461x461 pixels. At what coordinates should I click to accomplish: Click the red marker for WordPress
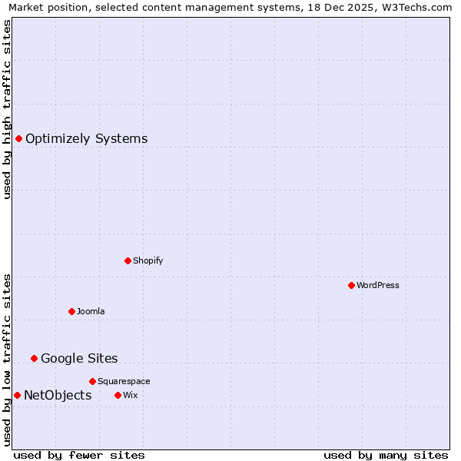pos(351,285)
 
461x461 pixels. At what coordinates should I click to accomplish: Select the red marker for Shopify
pos(128,260)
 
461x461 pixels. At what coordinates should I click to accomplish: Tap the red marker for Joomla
pos(71,311)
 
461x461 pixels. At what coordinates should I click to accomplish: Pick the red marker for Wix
pos(118,395)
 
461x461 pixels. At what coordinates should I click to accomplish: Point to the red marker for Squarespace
pos(92,381)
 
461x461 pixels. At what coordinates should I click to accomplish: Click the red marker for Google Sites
pos(34,358)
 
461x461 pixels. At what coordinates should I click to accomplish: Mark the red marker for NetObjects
pos(17,395)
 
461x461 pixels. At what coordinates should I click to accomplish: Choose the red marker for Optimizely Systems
pos(18,138)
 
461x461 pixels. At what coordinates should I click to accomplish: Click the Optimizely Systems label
pos(86,139)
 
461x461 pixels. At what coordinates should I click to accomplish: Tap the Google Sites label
pos(79,359)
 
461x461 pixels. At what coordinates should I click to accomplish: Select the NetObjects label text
pos(58,396)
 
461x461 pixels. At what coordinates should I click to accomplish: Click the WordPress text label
pos(377,285)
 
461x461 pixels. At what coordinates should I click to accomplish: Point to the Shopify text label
pos(148,260)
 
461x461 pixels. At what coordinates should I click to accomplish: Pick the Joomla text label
pos(91,311)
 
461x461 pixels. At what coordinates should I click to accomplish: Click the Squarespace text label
pos(124,381)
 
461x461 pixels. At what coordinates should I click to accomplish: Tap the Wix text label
pos(130,395)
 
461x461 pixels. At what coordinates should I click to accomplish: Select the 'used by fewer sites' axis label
pos(79,455)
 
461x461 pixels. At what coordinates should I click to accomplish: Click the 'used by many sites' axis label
pos(386,455)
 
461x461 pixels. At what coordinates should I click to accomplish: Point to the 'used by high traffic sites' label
pos(8,109)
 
